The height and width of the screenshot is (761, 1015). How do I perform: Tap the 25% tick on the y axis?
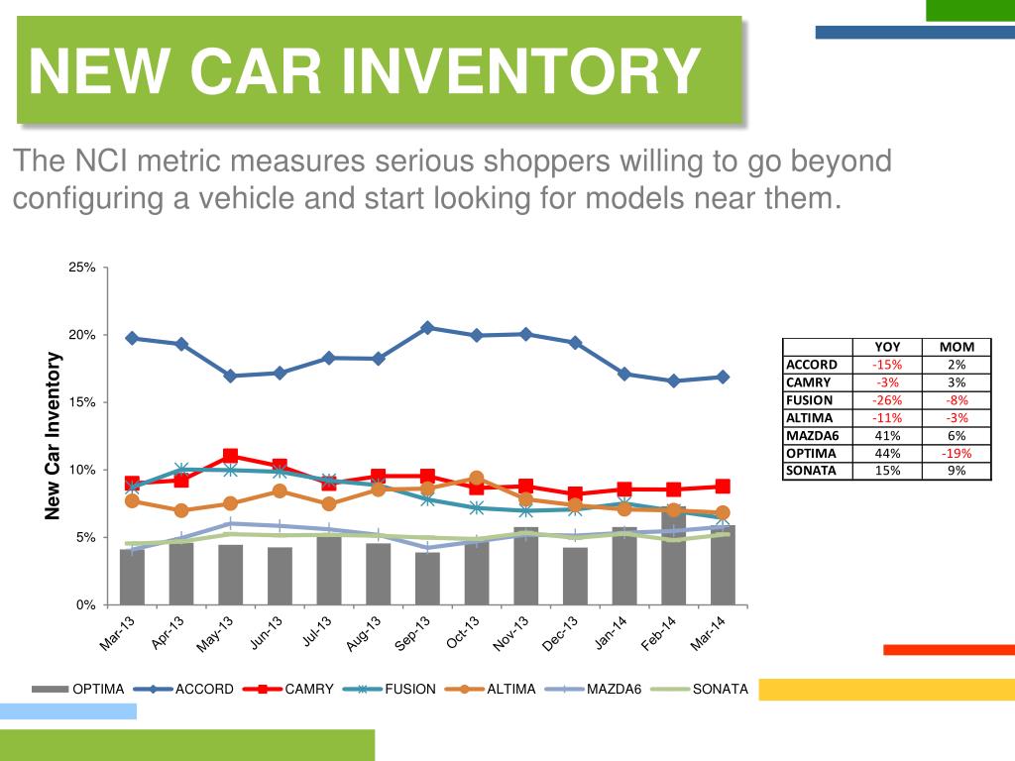[82, 268]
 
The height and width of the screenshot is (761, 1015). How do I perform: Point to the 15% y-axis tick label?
[82, 402]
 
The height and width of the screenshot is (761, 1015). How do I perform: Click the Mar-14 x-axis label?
[709, 634]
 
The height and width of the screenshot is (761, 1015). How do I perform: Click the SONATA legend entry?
[720, 689]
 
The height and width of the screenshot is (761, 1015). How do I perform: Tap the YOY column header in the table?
[887, 347]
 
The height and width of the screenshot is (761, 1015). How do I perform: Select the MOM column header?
[957, 347]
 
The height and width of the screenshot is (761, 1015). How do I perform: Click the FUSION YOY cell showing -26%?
[887, 400]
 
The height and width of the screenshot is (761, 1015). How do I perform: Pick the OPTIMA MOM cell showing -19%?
[957, 453]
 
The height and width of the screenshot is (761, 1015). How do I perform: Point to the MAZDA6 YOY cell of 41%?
[887, 435]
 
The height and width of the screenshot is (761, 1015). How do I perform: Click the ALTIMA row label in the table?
[811, 417]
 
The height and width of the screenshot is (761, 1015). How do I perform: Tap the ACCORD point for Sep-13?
[427, 327]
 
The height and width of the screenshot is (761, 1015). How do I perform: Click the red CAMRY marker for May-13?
[231, 456]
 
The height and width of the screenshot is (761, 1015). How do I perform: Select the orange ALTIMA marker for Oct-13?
[476, 479]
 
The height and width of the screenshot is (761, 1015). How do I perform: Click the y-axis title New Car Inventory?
[54, 436]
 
